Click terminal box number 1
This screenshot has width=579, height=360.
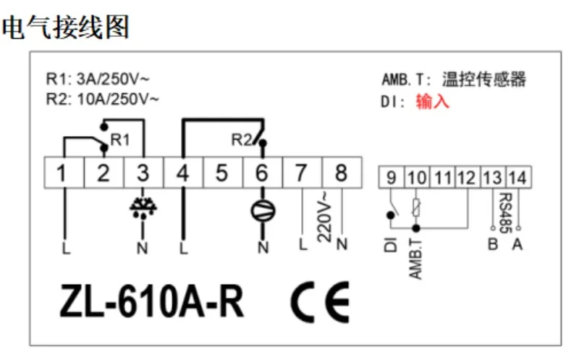click(x=64, y=172)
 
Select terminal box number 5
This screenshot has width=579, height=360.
click(x=222, y=172)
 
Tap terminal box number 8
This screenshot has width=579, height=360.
click(x=342, y=172)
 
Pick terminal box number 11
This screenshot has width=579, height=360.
click(x=442, y=177)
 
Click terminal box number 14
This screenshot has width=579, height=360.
click(x=518, y=177)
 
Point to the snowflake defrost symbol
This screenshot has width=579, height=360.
click(x=143, y=208)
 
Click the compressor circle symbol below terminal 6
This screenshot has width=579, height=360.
click(x=263, y=211)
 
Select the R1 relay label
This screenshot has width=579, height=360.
click(x=120, y=140)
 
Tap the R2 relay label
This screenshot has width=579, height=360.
click(x=242, y=140)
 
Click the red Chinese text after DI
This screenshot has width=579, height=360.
click(x=432, y=101)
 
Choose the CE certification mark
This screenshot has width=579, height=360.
click(x=320, y=302)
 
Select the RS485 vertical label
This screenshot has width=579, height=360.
click(x=505, y=213)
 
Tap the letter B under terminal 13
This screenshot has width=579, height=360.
click(x=493, y=244)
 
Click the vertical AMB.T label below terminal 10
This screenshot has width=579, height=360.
click(x=415, y=259)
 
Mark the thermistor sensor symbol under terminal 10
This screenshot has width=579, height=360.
click(x=416, y=207)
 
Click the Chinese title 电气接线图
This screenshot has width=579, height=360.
click(x=66, y=27)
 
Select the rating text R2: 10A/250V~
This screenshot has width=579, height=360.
click(x=102, y=99)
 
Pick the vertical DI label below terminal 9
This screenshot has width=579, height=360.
click(x=390, y=245)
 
